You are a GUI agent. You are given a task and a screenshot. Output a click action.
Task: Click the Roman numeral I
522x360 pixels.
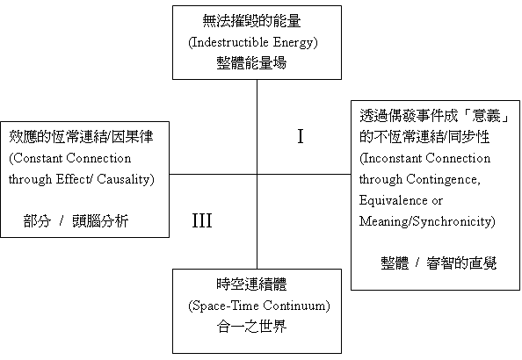tap(301, 136)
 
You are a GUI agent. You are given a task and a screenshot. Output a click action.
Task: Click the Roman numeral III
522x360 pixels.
tap(202, 220)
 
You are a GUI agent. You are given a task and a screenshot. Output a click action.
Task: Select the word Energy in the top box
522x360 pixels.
tap(293, 43)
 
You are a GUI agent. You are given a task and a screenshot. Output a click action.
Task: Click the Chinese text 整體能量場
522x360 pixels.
tap(251, 63)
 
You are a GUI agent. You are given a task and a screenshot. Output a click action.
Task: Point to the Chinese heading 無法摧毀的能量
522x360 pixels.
tap(251, 21)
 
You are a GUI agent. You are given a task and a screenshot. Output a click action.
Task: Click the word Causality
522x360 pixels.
tap(123, 179)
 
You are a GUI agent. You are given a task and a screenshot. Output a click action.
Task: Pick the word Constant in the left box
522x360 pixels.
tap(39, 158)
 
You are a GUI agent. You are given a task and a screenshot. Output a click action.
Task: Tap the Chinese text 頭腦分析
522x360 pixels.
tap(100, 221)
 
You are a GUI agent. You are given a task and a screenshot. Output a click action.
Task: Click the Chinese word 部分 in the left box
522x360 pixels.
tap(37, 221)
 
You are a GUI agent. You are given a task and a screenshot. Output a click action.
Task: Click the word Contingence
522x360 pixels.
tap(443, 179)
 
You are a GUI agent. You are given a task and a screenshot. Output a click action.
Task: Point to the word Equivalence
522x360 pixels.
tap(394, 200)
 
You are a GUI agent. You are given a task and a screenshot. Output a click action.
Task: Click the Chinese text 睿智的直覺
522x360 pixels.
tap(461, 263)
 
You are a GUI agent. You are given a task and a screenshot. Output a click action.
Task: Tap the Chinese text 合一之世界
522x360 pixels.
tap(251, 327)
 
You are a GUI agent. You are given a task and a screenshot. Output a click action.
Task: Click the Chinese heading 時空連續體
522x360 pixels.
tap(251, 284)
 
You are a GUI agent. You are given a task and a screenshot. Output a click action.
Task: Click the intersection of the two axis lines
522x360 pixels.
tap(257, 174)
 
